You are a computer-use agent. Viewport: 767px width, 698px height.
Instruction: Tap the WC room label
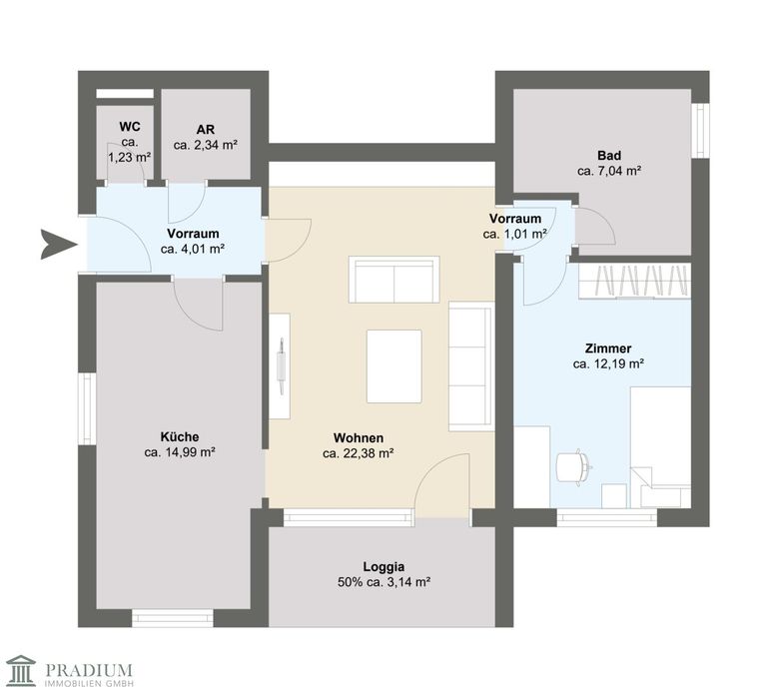[x=130, y=127]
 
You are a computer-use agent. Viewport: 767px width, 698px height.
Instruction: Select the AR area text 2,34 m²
[x=214, y=145]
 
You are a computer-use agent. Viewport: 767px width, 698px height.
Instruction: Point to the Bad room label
[x=609, y=156]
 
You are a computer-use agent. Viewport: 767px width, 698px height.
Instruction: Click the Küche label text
[x=180, y=436]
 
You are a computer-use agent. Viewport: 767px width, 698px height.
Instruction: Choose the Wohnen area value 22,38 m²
[x=367, y=453]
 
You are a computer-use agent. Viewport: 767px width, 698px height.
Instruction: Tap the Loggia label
[x=383, y=567]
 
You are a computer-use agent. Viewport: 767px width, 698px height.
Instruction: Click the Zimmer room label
[x=608, y=349]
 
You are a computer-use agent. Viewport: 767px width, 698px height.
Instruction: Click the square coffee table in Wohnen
[x=394, y=366]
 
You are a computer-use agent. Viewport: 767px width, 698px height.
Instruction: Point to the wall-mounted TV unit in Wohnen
[x=280, y=365]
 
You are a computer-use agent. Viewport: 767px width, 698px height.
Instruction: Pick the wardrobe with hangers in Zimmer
[x=635, y=281]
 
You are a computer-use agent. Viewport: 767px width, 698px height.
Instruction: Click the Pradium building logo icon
[x=21, y=670]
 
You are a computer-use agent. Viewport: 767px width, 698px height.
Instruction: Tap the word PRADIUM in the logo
[x=89, y=669]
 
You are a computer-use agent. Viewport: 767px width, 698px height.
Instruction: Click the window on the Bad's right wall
[x=700, y=131]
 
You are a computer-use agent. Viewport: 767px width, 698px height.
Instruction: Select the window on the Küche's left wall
[x=87, y=409]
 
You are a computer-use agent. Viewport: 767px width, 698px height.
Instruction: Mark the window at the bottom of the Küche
[x=173, y=618]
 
